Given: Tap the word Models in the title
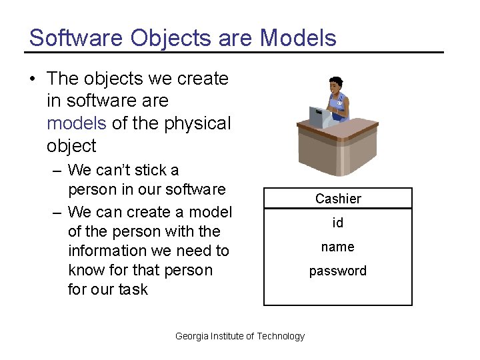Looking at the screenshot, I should (298, 38).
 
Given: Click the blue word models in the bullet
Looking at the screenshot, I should (76, 123).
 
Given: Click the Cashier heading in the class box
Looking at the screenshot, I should (338, 199).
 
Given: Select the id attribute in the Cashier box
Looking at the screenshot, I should (338, 223).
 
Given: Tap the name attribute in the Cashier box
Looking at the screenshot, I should (338, 247).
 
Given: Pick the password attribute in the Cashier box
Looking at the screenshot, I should (338, 271).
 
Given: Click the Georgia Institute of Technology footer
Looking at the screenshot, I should (239, 336).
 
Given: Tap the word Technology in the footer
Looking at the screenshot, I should (281, 336).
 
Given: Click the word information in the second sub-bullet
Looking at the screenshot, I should (105, 251).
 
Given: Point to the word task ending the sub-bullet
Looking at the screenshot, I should (133, 289).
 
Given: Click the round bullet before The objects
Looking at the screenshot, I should (33, 79).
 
